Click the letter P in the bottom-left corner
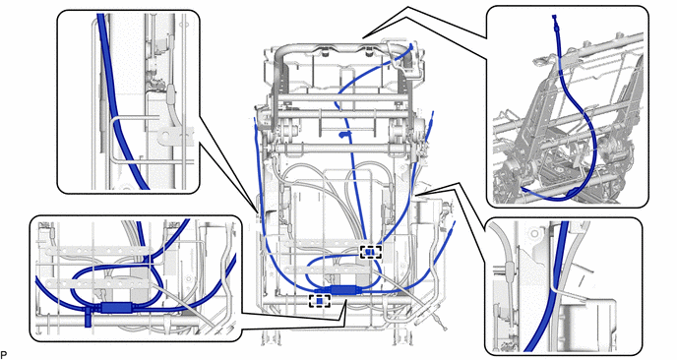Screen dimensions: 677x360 pos(4,355)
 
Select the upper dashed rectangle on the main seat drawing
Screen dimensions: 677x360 pos(371,252)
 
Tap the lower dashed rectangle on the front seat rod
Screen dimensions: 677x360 pos(320,301)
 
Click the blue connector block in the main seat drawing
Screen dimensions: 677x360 pos(342,289)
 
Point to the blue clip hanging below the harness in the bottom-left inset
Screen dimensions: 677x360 pos(89,318)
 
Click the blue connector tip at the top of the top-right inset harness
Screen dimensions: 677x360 pos(555,21)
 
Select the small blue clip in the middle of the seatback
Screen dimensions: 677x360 pos(344,136)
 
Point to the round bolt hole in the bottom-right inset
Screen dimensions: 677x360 pos(535,234)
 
